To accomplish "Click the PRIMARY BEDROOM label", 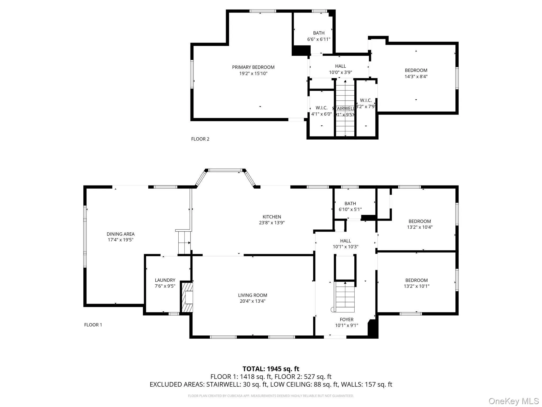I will click(x=253, y=67).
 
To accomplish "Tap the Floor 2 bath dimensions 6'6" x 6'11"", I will click(x=319, y=39).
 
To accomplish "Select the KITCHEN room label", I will click(x=272, y=217).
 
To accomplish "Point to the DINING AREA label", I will click(x=120, y=234).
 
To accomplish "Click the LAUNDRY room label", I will click(x=165, y=280).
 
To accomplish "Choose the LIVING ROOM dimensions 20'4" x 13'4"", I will click(x=252, y=301).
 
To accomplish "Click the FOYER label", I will click(x=346, y=320).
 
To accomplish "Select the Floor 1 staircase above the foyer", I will click(x=345, y=297).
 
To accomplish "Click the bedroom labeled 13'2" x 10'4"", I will click(x=419, y=224).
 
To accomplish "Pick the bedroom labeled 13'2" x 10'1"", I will click(x=416, y=283).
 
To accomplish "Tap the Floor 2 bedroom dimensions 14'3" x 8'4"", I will click(x=416, y=77).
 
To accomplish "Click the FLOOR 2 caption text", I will click(x=200, y=139).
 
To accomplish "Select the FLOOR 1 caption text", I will click(x=93, y=325).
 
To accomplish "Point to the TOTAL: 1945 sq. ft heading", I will click(x=271, y=369).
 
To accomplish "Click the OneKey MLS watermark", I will click(x=513, y=401).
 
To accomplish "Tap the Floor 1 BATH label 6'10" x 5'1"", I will click(x=350, y=206).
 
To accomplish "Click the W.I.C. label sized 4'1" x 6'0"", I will click(x=322, y=111).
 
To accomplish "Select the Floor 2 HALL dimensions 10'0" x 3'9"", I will click(x=340, y=72).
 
